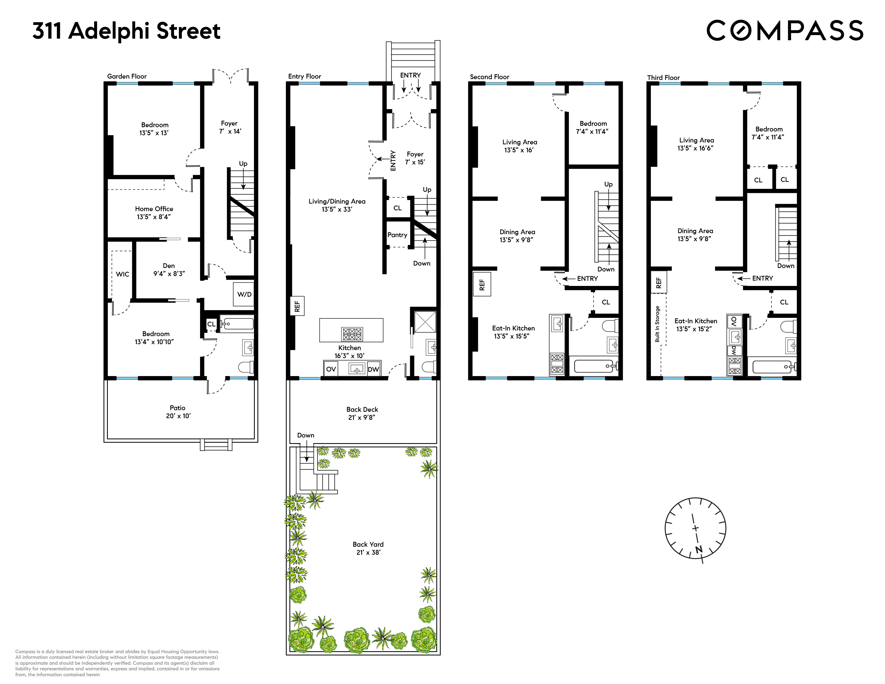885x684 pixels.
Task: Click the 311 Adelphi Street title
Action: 126,31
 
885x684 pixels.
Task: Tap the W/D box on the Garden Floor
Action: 244,294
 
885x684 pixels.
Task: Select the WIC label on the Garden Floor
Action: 122,274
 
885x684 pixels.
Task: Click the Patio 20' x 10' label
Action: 178,412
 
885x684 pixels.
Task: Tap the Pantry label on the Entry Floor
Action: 397,235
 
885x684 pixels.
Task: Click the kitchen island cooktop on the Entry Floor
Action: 352,334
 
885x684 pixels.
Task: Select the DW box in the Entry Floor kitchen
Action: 373,369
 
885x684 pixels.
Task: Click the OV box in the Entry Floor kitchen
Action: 331,369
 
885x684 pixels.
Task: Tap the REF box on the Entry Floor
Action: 297,306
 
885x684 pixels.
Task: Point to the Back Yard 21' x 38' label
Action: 368,548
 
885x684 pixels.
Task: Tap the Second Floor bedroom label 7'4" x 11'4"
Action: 593,127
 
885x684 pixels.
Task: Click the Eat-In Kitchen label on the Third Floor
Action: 695,325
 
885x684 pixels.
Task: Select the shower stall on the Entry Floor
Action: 425,322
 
